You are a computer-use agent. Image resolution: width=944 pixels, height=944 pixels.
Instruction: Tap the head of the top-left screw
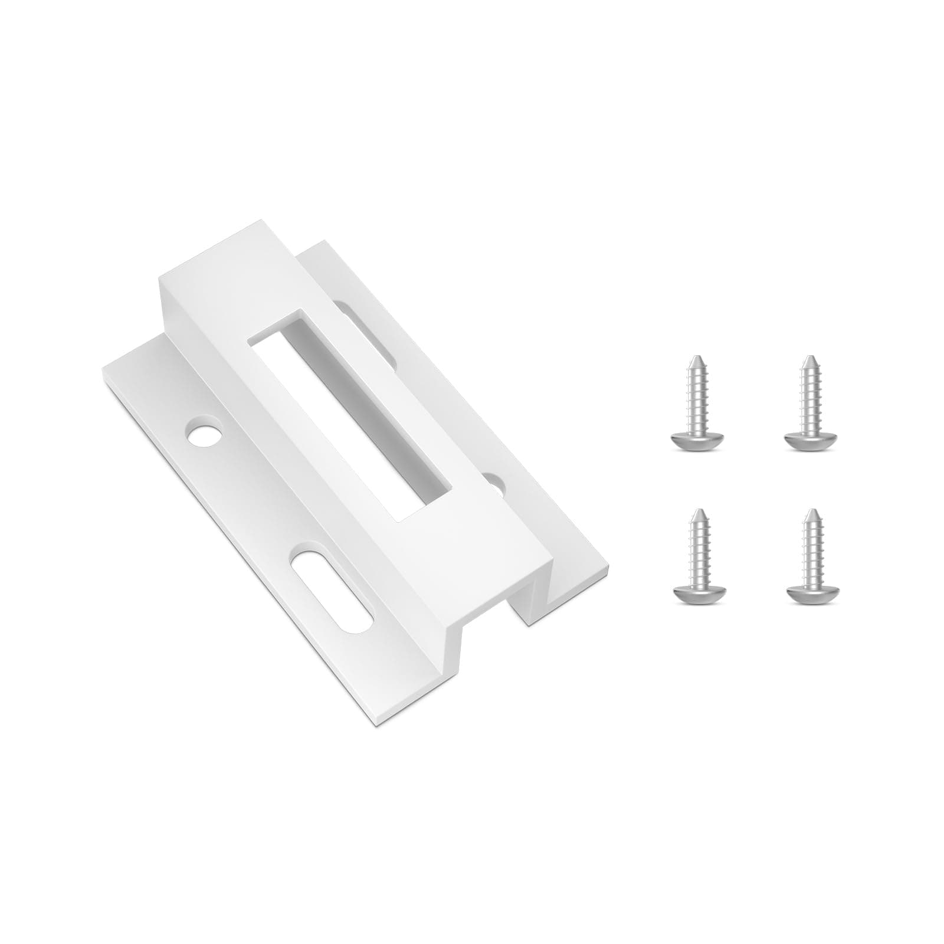[697, 440]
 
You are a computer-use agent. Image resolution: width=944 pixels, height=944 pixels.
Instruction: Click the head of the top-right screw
[811, 440]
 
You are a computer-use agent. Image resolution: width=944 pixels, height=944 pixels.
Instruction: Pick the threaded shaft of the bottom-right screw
[810, 552]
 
